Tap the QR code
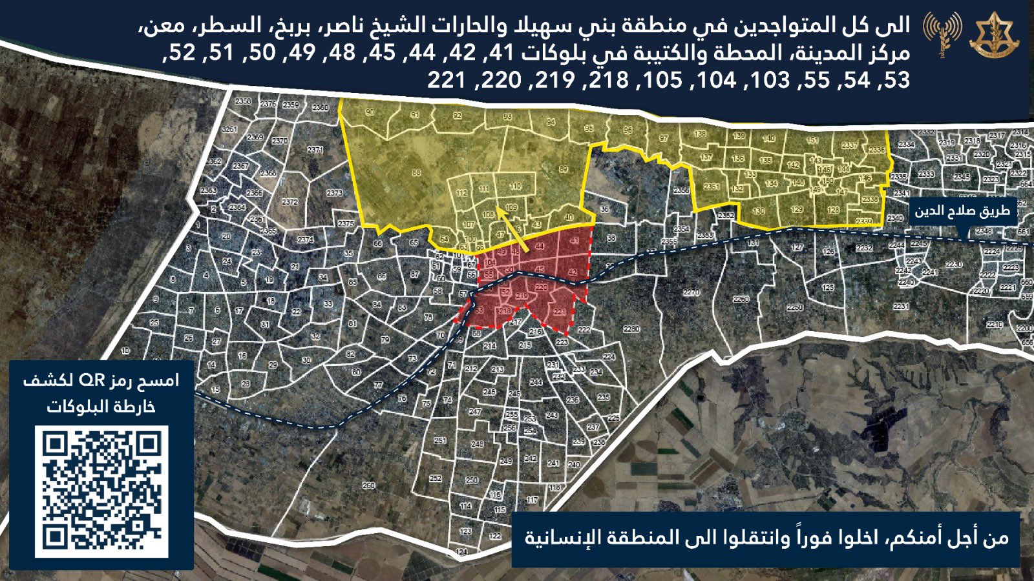click(x=102, y=491)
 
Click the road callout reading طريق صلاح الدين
click(x=961, y=211)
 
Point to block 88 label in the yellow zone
click(x=416, y=173)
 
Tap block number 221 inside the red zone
click(x=560, y=312)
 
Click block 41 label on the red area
click(x=575, y=241)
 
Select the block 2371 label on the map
click(x=315, y=150)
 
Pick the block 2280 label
click(x=631, y=329)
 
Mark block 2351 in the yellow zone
click(x=711, y=187)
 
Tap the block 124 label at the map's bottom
click(x=461, y=552)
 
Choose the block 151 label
click(x=812, y=140)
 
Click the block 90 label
click(x=370, y=112)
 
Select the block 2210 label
click(x=995, y=325)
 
